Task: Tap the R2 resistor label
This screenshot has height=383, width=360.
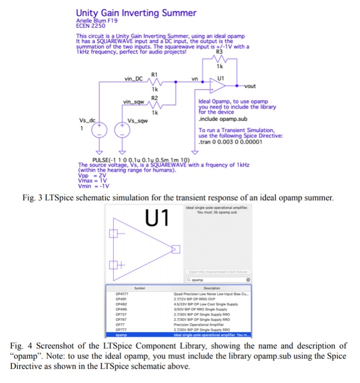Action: pos(154,96)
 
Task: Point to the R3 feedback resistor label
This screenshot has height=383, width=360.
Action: pos(219,53)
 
